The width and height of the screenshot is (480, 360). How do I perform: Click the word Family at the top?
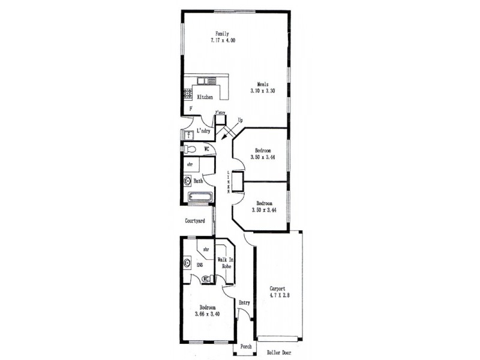click(x=223, y=33)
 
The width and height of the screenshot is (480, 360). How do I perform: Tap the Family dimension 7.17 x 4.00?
click(x=223, y=40)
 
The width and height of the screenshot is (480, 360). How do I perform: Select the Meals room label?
click(x=262, y=84)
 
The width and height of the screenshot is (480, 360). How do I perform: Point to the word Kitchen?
click(x=205, y=97)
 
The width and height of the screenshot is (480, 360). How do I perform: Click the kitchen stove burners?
click(x=188, y=92)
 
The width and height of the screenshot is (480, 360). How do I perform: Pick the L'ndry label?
click(x=204, y=131)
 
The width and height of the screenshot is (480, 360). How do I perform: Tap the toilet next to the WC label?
click(x=190, y=149)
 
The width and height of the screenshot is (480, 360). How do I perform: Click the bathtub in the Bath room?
click(x=200, y=197)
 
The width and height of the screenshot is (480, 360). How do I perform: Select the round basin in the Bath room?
click(x=187, y=179)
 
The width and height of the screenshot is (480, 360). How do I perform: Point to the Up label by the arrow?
click(x=241, y=120)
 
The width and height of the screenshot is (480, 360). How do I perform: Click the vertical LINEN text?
click(x=228, y=182)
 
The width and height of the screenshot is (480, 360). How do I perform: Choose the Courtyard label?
click(x=195, y=221)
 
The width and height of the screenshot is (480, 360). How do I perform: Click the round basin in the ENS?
click(x=187, y=262)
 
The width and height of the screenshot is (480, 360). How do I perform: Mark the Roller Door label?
click(x=280, y=353)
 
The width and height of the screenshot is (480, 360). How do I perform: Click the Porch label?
click(x=246, y=347)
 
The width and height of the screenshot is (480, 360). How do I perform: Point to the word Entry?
click(x=244, y=302)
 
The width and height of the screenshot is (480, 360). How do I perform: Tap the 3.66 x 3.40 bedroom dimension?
click(x=208, y=314)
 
